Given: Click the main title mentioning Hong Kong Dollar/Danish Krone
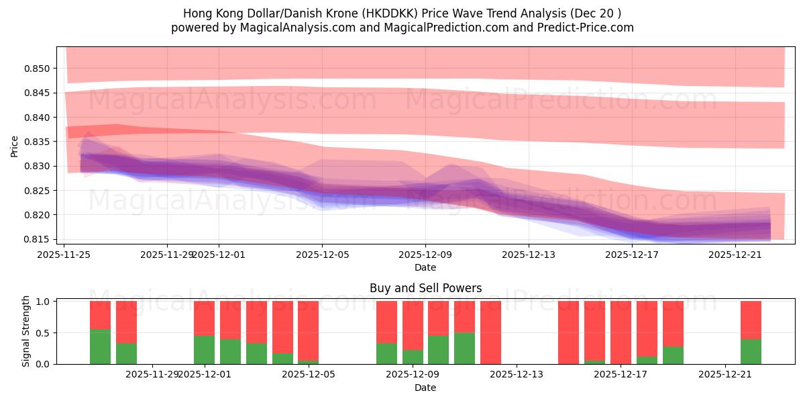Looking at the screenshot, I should click(x=402, y=13).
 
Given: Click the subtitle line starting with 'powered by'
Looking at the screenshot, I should click(x=402, y=28).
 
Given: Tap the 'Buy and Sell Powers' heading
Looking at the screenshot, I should click(x=425, y=288).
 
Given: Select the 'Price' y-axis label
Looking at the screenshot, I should click(x=15, y=146).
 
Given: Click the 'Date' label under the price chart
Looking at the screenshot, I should click(x=425, y=267).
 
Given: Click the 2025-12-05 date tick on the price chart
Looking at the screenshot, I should click(x=322, y=255).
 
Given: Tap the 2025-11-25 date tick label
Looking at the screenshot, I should click(x=64, y=255).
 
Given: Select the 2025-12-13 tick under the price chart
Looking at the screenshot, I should click(x=529, y=255).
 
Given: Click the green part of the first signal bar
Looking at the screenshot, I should click(x=100, y=347).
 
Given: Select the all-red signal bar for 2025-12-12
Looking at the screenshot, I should click(x=490, y=332).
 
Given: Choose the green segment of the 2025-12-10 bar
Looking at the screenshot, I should click(x=464, y=348).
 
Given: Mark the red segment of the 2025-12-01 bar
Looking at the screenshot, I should click(x=204, y=318).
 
